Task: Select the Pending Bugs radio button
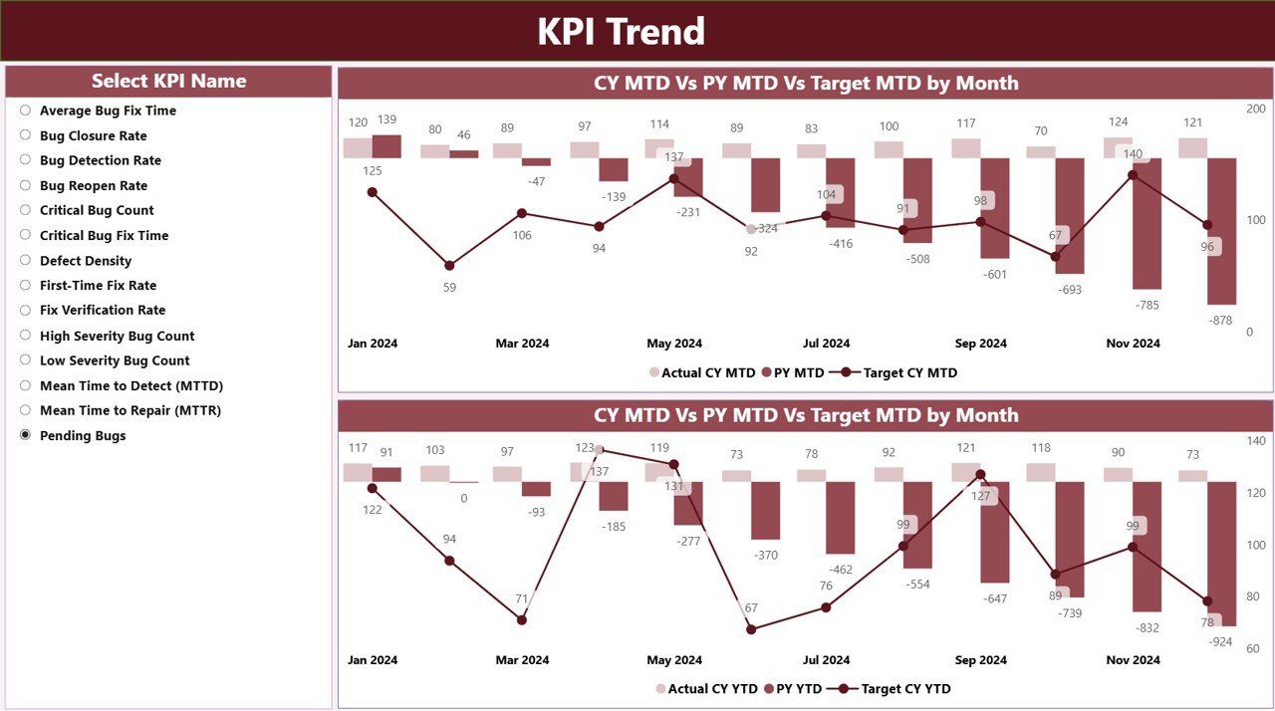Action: (x=26, y=435)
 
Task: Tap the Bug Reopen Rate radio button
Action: (x=26, y=185)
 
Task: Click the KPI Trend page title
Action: (x=621, y=31)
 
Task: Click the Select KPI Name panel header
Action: (x=168, y=82)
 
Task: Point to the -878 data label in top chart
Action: (x=1221, y=320)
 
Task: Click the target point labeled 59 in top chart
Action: (x=449, y=265)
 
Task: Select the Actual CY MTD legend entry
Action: (x=702, y=372)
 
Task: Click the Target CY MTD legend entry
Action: (x=899, y=372)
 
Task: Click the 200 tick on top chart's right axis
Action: (x=1256, y=109)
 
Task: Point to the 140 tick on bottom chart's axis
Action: (x=1256, y=440)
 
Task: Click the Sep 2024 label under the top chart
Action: (x=980, y=344)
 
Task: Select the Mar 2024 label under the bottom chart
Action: (x=522, y=660)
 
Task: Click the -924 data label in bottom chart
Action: (x=1221, y=641)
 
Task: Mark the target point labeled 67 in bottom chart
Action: (x=751, y=629)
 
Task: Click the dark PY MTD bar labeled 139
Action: (x=386, y=146)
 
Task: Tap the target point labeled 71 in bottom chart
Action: (x=522, y=619)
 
